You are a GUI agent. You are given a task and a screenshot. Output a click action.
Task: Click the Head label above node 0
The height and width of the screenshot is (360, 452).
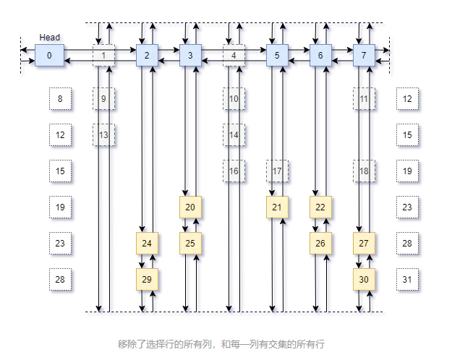pyautogui.click(x=50, y=38)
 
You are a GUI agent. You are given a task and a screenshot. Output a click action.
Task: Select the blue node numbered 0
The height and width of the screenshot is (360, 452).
pyautogui.click(x=49, y=56)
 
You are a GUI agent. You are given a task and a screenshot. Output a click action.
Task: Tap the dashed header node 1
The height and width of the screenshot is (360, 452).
pyautogui.click(x=104, y=56)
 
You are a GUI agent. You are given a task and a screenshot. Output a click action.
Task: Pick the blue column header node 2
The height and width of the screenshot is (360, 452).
pyautogui.click(x=147, y=56)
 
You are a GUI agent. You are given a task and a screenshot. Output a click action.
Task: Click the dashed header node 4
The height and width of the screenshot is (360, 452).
pyautogui.click(x=234, y=56)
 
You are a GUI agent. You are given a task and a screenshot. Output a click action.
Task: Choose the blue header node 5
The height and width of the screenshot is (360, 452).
pyautogui.click(x=277, y=56)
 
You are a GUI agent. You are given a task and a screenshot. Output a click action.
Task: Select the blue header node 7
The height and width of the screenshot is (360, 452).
pyautogui.click(x=364, y=56)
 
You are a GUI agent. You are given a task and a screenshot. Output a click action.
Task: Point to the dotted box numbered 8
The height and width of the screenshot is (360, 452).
pyautogui.click(x=60, y=98)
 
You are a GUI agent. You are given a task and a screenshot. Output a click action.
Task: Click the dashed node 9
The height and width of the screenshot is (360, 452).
pyautogui.click(x=104, y=98)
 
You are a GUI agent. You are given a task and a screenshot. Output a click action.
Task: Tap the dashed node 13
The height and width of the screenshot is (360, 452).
pyautogui.click(x=104, y=134)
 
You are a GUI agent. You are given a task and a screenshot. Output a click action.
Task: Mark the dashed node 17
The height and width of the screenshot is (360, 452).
pyautogui.click(x=278, y=171)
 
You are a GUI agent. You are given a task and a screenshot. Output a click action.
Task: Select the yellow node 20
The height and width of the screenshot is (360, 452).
pyautogui.click(x=190, y=207)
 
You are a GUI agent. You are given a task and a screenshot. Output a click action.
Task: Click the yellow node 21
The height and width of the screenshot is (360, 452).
pyautogui.click(x=277, y=207)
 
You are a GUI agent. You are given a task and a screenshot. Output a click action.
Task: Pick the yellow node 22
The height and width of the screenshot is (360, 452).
pyautogui.click(x=320, y=207)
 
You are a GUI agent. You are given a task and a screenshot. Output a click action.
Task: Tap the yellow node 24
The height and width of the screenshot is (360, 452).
pyautogui.click(x=147, y=243)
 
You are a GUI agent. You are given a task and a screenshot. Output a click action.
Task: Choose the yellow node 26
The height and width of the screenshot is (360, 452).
pyautogui.click(x=320, y=243)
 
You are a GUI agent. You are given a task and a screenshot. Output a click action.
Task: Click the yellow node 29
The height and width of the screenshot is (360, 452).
pyautogui.click(x=147, y=278)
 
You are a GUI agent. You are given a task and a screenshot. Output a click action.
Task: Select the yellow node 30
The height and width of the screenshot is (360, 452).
pyautogui.click(x=364, y=278)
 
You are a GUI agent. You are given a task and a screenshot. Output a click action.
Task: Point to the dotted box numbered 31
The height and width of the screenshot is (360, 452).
pyautogui.click(x=407, y=278)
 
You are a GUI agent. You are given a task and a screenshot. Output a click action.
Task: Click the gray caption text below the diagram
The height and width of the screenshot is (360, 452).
pyautogui.click(x=221, y=344)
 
